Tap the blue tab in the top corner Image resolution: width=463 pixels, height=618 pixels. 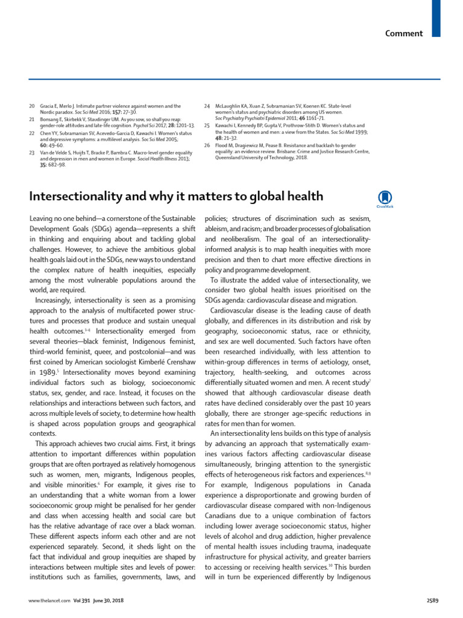[x=436, y=18]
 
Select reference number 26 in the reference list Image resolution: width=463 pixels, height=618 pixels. [x=207, y=145]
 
